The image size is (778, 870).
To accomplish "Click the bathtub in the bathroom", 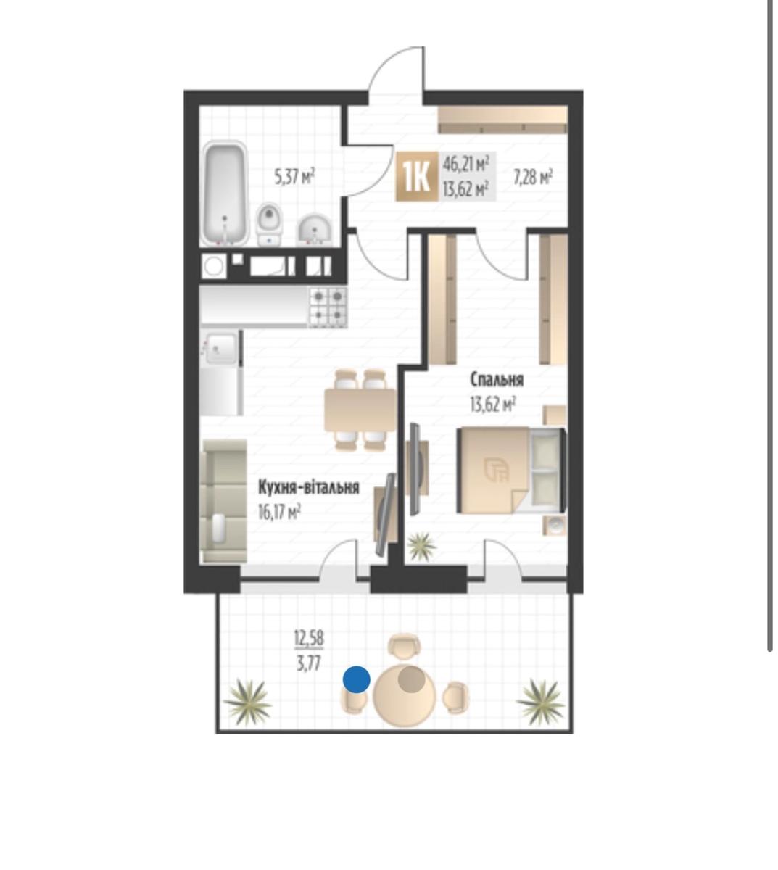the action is click(225, 194).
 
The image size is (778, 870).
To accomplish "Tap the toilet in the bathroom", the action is click(269, 224).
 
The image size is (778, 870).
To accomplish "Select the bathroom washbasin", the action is click(315, 230).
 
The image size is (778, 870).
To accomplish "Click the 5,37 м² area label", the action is click(294, 176).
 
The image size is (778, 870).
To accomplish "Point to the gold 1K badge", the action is click(417, 176).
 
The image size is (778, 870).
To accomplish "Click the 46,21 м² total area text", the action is click(466, 164).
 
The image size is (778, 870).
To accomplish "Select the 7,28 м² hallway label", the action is click(533, 176).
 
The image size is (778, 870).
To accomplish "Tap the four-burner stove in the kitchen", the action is click(328, 307).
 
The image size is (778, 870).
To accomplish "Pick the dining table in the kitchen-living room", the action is click(360, 410).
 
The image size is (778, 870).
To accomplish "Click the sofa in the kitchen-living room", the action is click(224, 501).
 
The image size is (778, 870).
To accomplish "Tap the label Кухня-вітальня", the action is click(308, 488).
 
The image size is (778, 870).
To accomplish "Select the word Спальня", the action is click(497, 380).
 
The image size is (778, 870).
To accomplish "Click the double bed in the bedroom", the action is click(512, 470).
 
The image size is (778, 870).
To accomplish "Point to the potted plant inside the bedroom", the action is click(421, 547).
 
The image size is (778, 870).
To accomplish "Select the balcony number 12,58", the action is click(309, 639).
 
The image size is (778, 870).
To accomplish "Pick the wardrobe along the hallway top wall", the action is click(502, 120).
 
